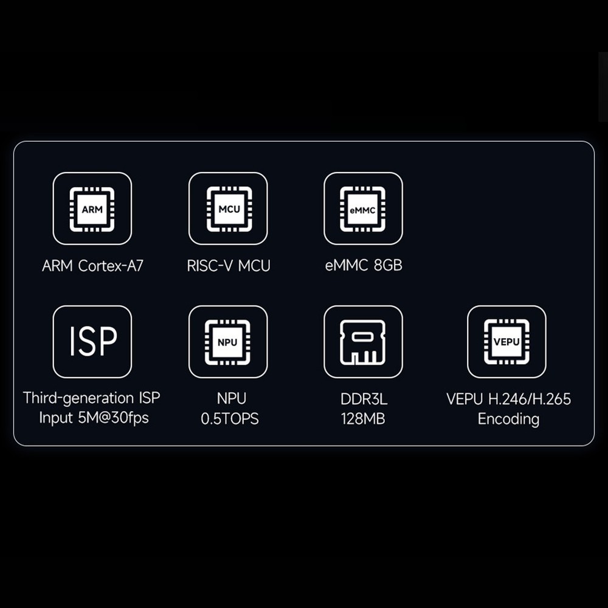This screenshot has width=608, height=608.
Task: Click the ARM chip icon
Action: pos(92,209)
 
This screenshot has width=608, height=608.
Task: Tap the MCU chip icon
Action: pos(229,209)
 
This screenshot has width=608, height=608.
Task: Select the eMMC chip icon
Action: pos(363,209)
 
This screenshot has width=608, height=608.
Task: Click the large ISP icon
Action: pos(93,341)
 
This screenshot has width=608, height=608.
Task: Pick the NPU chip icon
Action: pos(227,342)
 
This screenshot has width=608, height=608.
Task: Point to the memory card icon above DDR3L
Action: pos(363,342)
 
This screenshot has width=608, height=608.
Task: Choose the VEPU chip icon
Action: pos(506,342)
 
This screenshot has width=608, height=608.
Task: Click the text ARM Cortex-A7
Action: pos(92,266)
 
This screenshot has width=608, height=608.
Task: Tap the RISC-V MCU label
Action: pos(229,266)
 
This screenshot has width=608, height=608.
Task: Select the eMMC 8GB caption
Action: pos(364,266)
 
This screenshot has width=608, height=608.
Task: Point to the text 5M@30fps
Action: pos(113,418)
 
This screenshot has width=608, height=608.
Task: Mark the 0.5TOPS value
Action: pos(230,419)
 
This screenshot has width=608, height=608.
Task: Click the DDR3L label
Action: pos(364,399)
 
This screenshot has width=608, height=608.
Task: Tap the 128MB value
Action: pos(363,419)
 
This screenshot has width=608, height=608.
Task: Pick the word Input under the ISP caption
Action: pos(56,418)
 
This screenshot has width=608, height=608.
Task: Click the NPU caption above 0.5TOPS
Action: pos(232,399)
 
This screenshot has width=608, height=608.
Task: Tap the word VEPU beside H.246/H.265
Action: pos(465,399)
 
